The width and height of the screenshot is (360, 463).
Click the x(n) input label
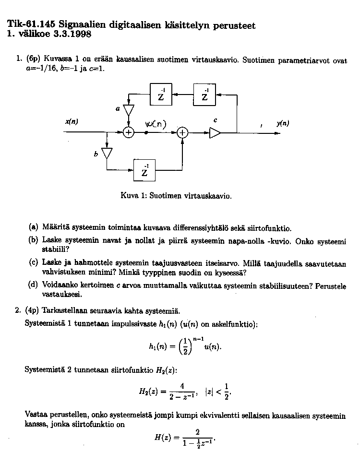pyautogui.click(x=72, y=122)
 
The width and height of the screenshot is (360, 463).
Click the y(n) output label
pyautogui.click(x=283, y=123)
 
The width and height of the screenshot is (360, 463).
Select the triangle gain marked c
pyautogui.click(x=216, y=133)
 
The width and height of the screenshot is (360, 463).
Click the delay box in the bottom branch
pyautogui.click(x=145, y=170)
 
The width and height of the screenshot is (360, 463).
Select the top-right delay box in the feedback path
pyautogui.click(x=205, y=94)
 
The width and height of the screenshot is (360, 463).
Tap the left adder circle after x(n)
pyautogui.click(x=128, y=133)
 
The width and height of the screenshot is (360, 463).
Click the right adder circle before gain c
pyautogui.click(x=182, y=133)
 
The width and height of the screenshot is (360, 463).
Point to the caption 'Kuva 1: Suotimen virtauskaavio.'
pyautogui.click(x=177, y=196)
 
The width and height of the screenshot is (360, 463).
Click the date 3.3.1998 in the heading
pyautogui.click(x=72, y=34)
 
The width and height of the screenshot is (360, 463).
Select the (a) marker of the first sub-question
pyautogui.click(x=34, y=228)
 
